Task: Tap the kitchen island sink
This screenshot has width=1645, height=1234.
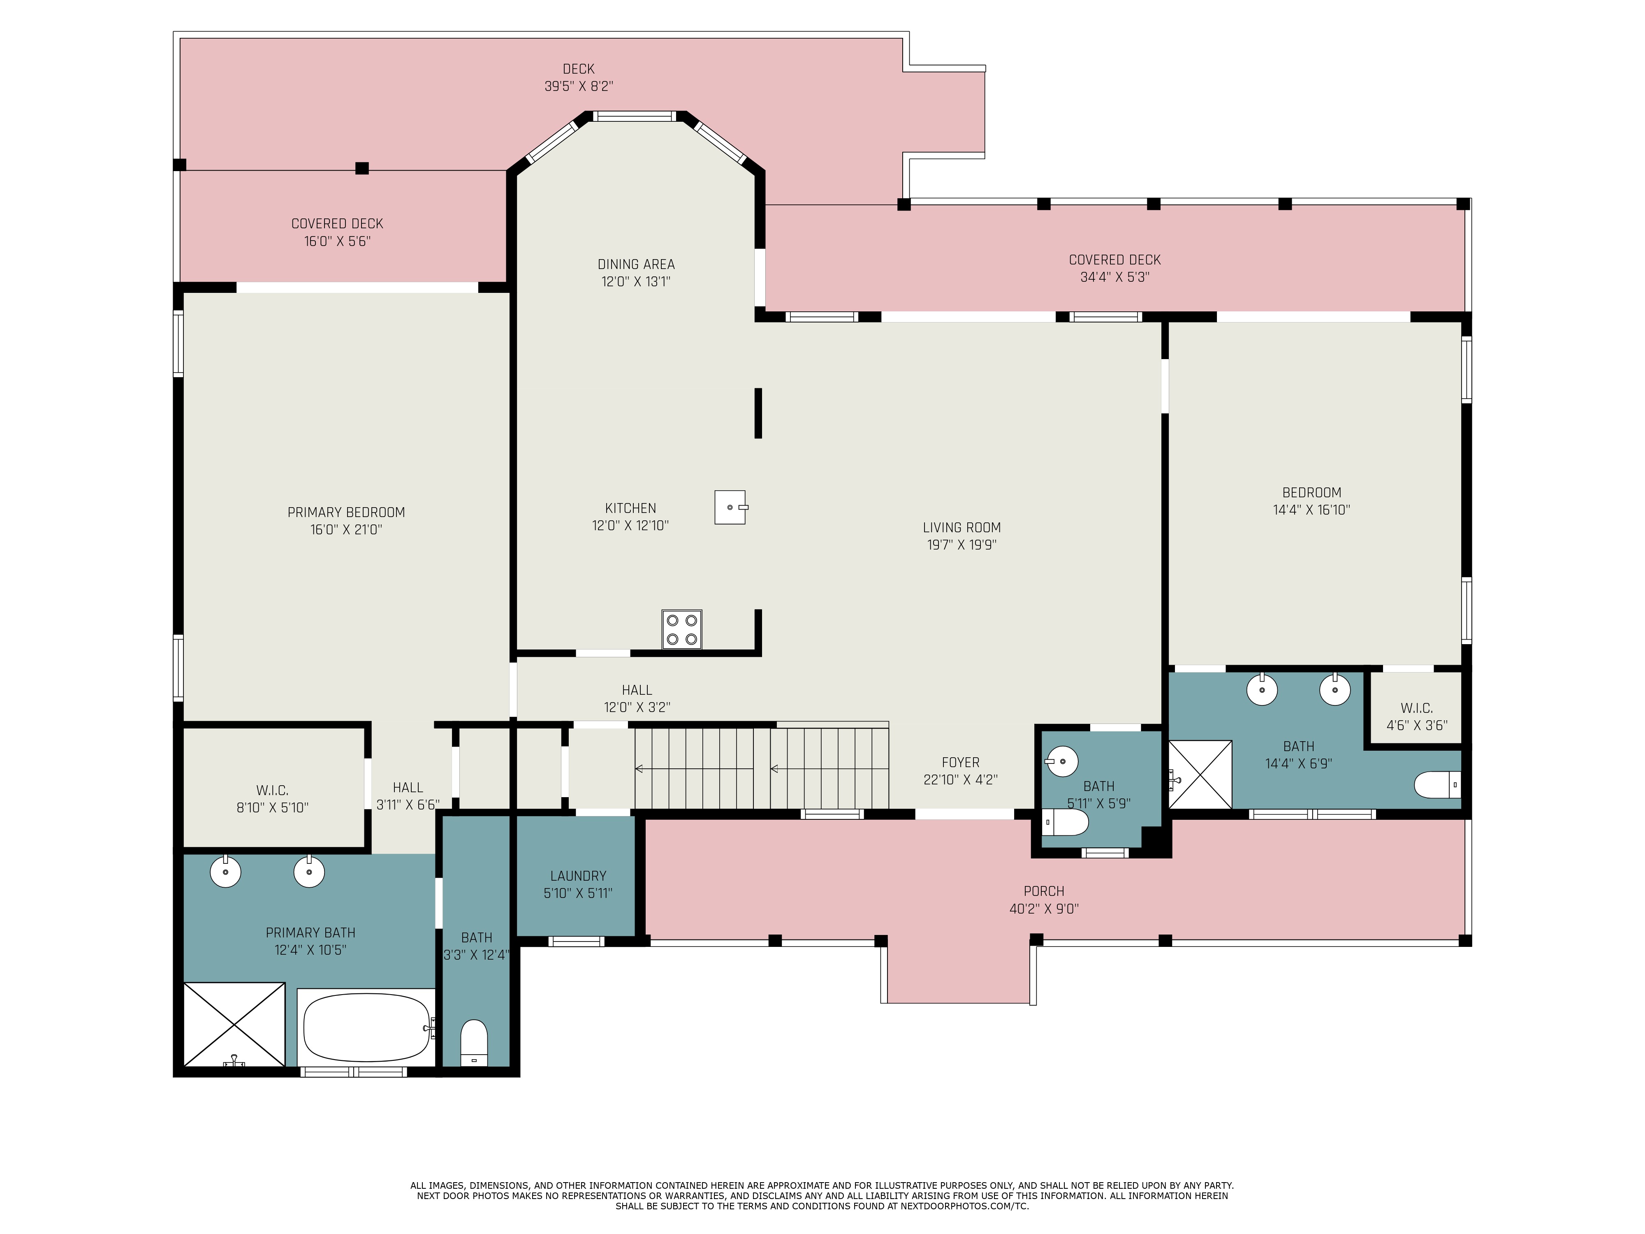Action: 730,507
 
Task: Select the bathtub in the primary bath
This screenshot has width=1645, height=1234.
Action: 367,1027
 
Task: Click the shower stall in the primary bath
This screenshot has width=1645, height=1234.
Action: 234,1024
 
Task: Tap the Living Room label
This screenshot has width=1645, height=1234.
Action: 962,527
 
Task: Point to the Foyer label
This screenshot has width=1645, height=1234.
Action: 960,763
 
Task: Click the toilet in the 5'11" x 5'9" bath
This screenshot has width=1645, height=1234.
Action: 1065,822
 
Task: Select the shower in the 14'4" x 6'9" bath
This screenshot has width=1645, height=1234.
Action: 1200,774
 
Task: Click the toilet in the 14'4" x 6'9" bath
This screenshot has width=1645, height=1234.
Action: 1437,785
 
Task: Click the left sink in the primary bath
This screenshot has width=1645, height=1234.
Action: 225,872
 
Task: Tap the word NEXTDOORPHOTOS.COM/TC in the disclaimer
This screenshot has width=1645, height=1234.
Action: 964,1206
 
